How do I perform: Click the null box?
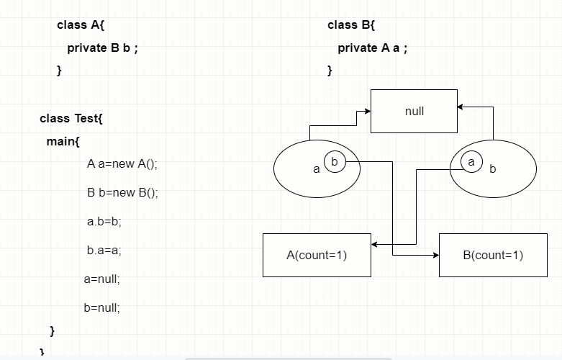click(414, 111)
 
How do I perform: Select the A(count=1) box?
click(317, 255)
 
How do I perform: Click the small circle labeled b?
click(335, 161)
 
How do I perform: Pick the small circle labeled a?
click(471, 162)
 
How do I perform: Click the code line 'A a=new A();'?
click(122, 163)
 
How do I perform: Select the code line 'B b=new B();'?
click(122, 192)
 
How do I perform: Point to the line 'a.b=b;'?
click(104, 221)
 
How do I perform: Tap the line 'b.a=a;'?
click(104, 250)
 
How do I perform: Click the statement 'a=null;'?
click(102, 279)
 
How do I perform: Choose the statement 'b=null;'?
click(102, 307)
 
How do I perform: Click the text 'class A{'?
click(81, 25)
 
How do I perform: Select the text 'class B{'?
click(351, 25)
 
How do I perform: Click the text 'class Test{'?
click(71, 118)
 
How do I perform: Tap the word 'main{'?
click(63, 141)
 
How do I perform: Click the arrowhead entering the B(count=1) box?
click(435, 255)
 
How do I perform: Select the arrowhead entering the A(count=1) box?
click(375, 245)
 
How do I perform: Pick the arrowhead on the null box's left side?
click(367, 112)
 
